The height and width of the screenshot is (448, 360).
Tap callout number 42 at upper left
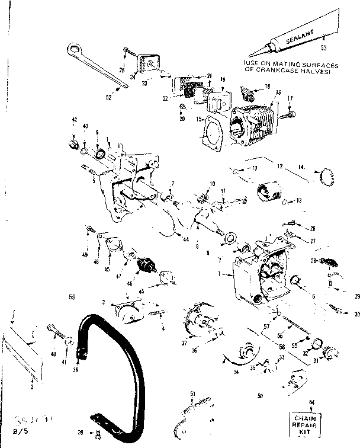coord(75,120)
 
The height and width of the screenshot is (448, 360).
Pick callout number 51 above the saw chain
coord(192,393)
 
